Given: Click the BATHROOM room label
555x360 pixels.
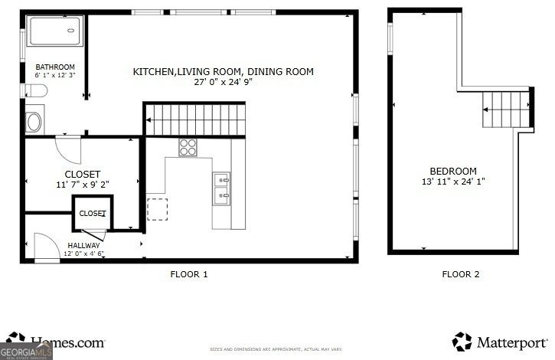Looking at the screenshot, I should pyautogui.click(x=55, y=67).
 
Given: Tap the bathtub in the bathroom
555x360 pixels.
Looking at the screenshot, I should pyautogui.click(x=54, y=31).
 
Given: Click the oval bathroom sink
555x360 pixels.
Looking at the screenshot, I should pyautogui.click(x=35, y=122).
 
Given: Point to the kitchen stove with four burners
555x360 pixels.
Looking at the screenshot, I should pyautogui.click(x=188, y=147).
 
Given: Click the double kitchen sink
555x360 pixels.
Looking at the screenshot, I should pyautogui.click(x=222, y=188).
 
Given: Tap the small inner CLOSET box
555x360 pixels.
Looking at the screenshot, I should pyautogui.click(x=93, y=214).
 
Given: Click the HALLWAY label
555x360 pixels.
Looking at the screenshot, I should pyautogui.click(x=83, y=245).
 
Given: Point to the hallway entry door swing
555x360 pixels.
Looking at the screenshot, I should pyautogui.click(x=46, y=247).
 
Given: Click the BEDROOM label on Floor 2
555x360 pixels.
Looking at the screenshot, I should pyautogui.click(x=452, y=171).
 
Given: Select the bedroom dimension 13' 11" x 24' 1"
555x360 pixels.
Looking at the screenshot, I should pyautogui.click(x=452, y=182).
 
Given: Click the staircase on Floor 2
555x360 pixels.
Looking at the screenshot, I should pyautogui.click(x=506, y=108).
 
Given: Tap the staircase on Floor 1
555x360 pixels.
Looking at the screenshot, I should pyautogui.click(x=194, y=120).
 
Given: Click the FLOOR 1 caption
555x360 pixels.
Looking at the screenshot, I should pyautogui.click(x=188, y=274).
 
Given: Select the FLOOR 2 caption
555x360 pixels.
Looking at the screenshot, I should pyautogui.click(x=460, y=274).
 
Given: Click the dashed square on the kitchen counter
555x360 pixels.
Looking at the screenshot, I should pyautogui.click(x=157, y=209).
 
